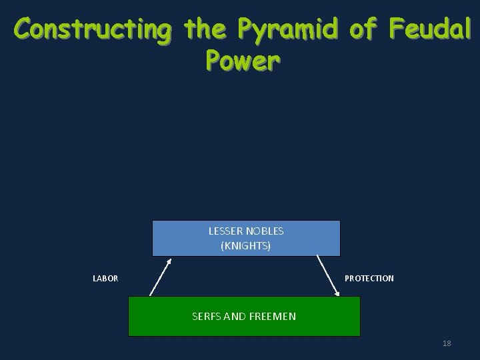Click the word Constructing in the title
[x=91, y=30]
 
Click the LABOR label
[x=105, y=279]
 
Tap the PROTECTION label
[x=369, y=279]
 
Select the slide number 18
[x=447, y=343]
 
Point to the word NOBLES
[x=265, y=231]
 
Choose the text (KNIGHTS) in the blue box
[x=245, y=246]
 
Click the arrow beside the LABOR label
[x=161, y=277]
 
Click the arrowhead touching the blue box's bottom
[x=169, y=261]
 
